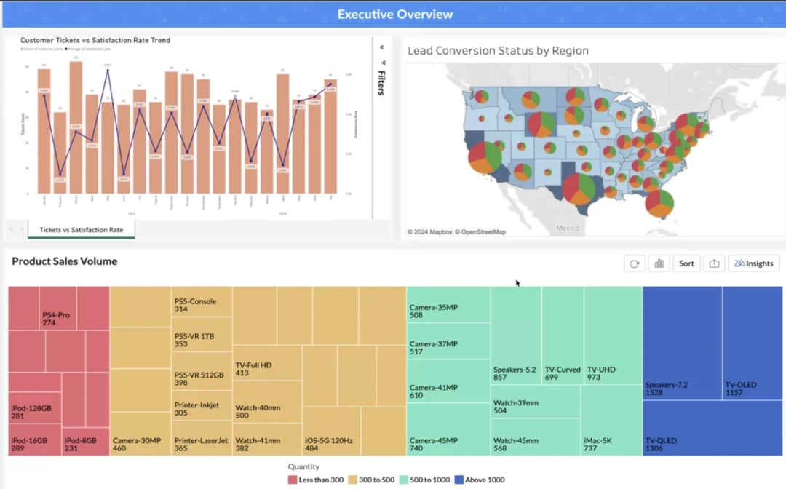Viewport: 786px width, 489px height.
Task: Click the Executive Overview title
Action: [394, 15]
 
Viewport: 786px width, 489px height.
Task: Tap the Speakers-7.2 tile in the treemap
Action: [682, 343]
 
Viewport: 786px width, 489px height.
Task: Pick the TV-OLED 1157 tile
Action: [754, 343]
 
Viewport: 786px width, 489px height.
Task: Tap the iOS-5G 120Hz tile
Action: [332, 432]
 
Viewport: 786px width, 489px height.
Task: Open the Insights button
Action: [754, 263]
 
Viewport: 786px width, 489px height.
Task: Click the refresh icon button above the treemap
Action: [635, 263]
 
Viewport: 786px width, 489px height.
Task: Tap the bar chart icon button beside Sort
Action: [659, 263]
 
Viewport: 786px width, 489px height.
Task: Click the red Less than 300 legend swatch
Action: [293, 480]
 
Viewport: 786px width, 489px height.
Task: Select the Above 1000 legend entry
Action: [480, 480]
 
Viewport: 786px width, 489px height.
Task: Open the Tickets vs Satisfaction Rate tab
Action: [81, 230]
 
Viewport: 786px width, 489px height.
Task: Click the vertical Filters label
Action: [381, 83]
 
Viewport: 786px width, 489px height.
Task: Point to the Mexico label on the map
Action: [568, 228]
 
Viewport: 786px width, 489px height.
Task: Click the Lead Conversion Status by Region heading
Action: [498, 51]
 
